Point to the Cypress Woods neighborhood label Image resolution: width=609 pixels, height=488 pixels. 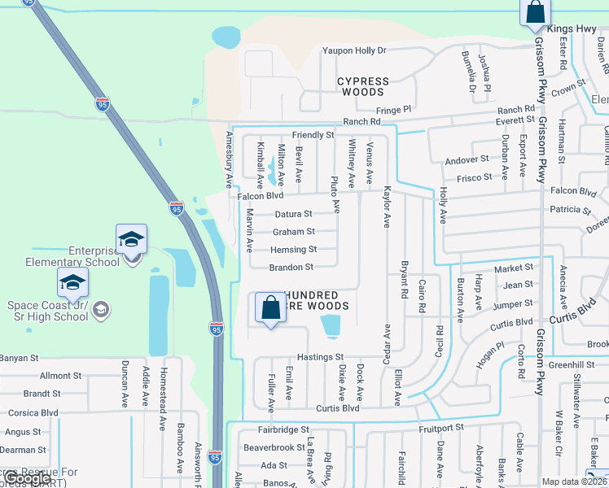coord(363,86)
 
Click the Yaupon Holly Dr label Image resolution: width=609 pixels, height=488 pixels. coord(354,50)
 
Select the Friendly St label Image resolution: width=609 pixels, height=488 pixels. coord(313,135)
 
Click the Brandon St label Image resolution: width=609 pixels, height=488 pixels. coord(292,268)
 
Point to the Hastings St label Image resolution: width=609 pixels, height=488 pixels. coord(321,357)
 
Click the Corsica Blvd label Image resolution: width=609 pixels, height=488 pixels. coord(30,413)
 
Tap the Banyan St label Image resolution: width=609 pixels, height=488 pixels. coord(20,358)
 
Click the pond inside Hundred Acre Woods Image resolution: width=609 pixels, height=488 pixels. coord(331,326)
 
